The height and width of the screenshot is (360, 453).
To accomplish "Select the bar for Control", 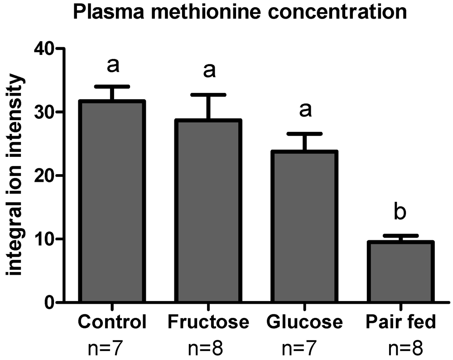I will [112, 202].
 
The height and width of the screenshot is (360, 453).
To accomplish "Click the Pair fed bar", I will [400, 272].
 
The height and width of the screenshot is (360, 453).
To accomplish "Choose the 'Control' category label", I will [112, 323].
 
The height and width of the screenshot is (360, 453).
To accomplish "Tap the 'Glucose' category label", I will [304, 323].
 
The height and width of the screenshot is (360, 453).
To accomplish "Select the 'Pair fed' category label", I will [400, 323].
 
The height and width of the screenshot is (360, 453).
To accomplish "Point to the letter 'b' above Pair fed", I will [400, 212].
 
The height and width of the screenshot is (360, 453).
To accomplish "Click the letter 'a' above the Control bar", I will [112, 66].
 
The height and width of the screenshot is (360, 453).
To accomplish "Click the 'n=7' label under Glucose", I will [304, 349].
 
